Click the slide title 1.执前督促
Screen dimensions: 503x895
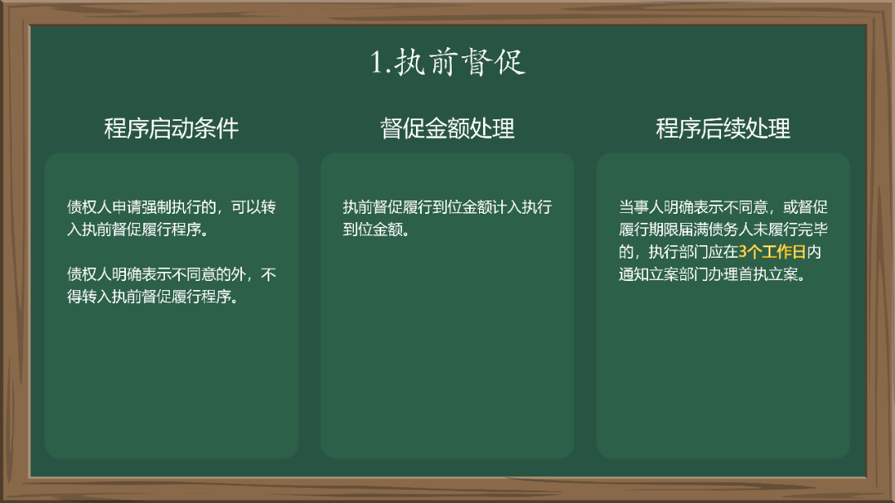pos(447,63)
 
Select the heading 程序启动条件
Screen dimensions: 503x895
pos(172,128)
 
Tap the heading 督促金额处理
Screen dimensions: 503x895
pos(447,128)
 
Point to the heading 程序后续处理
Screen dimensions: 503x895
pos(723,128)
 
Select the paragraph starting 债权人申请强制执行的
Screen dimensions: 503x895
pos(172,218)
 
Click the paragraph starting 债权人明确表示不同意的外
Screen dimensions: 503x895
pos(172,285)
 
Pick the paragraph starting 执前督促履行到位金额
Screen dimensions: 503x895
pos(447,218)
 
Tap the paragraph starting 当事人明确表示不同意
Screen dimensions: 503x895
pos(723,240)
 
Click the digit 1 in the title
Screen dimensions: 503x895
pos(377,64)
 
